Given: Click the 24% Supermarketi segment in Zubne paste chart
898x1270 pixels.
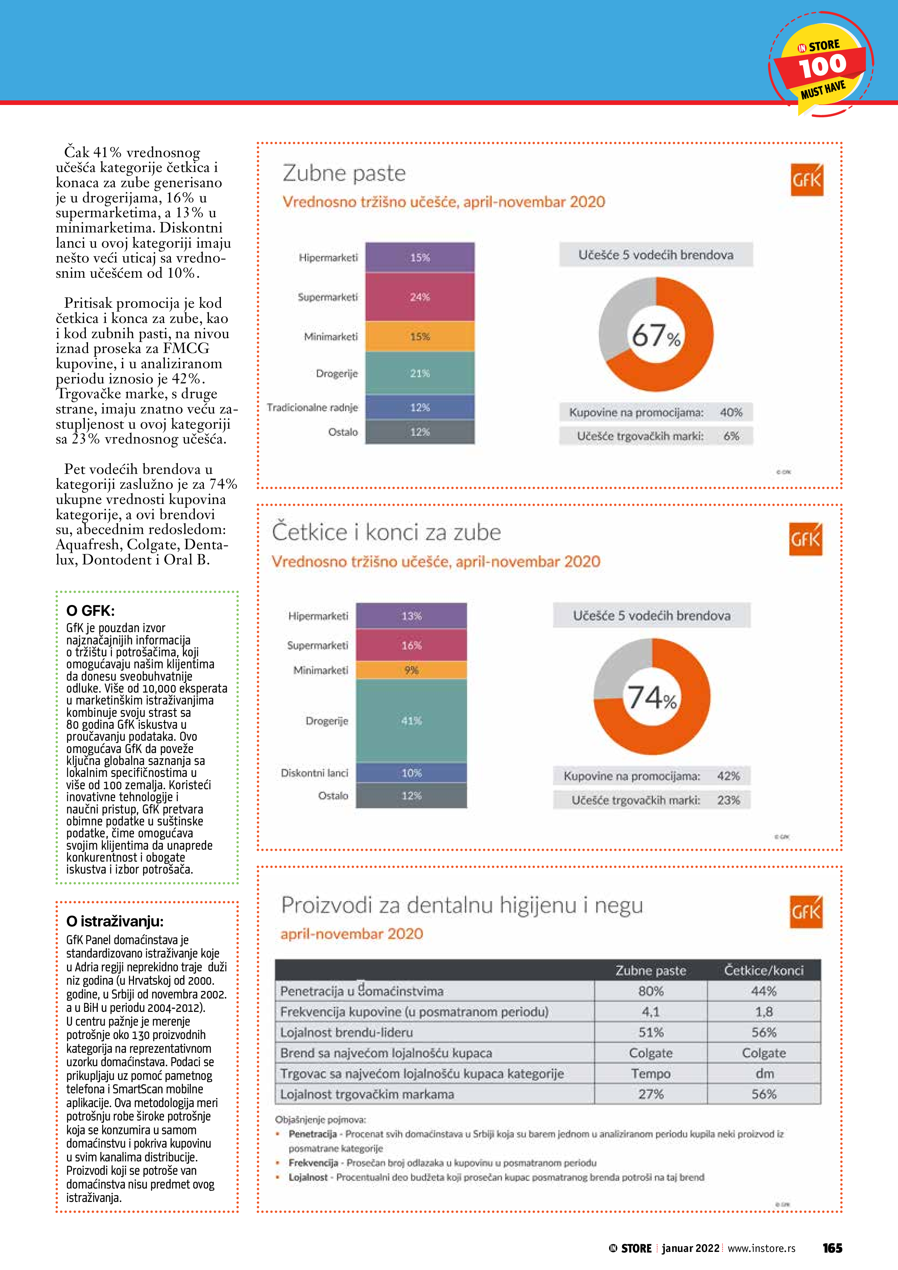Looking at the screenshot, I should coord(419,297).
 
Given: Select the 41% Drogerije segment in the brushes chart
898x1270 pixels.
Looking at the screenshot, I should coord(411,721).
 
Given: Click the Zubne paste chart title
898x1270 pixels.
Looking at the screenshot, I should coord(344,173).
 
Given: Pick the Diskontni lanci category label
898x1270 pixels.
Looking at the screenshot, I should coord(314,773).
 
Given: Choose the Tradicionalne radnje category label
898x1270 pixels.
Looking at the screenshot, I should coord(312,408).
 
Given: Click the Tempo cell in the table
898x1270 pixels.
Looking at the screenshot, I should coord(651,1074).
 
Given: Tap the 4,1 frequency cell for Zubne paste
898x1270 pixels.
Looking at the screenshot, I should coord(651,1012).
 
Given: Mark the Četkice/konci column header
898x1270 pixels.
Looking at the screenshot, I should coord(764,970).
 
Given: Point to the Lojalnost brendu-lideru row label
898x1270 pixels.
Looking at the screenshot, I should coord(347,1032).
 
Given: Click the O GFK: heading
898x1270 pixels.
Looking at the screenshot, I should coord(90,611).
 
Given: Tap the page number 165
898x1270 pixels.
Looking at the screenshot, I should coord(832,1248).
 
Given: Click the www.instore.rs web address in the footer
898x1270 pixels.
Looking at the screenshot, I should coord(761,1248).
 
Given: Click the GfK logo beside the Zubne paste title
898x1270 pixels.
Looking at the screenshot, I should coord(807,180).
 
